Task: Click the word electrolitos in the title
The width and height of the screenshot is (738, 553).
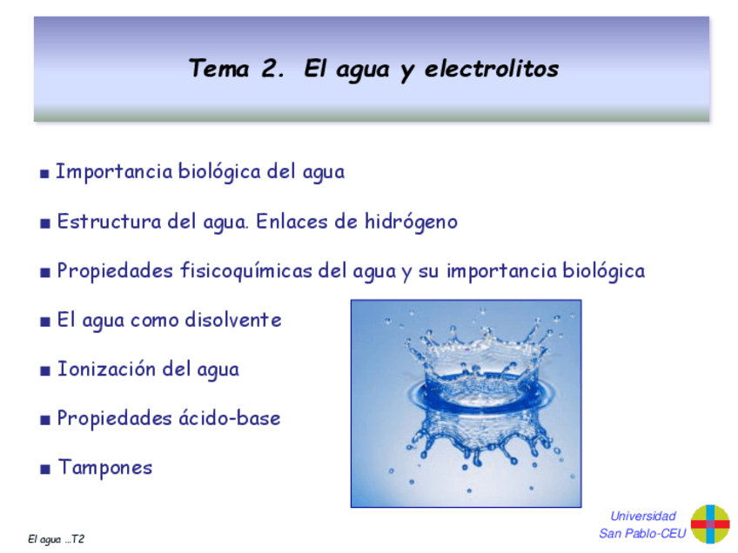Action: click(x=492, y=70)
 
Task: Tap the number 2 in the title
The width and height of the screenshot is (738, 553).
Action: click(x=269, y=70)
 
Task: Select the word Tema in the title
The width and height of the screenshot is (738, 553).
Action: click(x=218, y=70)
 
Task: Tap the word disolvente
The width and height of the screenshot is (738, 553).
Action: click(x=232, y=320)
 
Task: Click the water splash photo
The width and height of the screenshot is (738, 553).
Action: click(x=465, y=403)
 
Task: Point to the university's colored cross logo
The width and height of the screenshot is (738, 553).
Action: click(x=709, y=524)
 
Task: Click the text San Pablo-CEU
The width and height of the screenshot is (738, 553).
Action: click(x=642, y=534)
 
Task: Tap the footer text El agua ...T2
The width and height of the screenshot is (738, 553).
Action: click(x=56, y=540)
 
